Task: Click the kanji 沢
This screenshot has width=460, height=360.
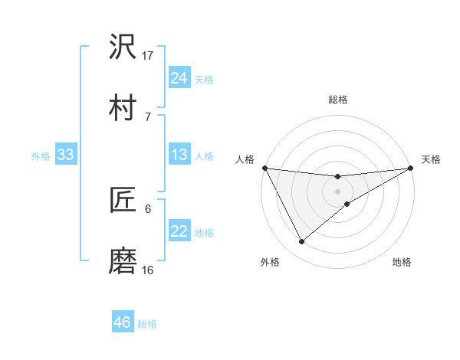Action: (123, 47)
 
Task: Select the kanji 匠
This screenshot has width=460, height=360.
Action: (123, 200)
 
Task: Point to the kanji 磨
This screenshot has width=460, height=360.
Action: (123, 261)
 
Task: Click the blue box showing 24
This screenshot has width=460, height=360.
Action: (179, 78)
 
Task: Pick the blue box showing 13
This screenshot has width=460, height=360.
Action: (179, 155)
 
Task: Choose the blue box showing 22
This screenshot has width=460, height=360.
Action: (179, 232)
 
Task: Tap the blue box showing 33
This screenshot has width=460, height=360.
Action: (65, 155)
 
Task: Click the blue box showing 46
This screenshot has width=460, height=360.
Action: (122, 322)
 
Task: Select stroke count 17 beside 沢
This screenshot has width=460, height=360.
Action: (148, 55)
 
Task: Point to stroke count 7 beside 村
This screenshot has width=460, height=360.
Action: (147, 116)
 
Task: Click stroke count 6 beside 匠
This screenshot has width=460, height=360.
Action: (147, 208)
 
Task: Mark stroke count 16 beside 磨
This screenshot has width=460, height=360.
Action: (148, 270)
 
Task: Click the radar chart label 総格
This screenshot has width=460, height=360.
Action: (338, 100)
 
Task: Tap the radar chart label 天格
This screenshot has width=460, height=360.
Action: (431, 159)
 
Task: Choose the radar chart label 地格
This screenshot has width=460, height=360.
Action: (402, 262)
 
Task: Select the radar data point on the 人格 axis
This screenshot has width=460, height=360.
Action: (264, 168)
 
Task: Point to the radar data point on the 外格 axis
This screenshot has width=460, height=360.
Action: (301, 242)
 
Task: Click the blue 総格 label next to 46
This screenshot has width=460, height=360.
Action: (147, 324)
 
